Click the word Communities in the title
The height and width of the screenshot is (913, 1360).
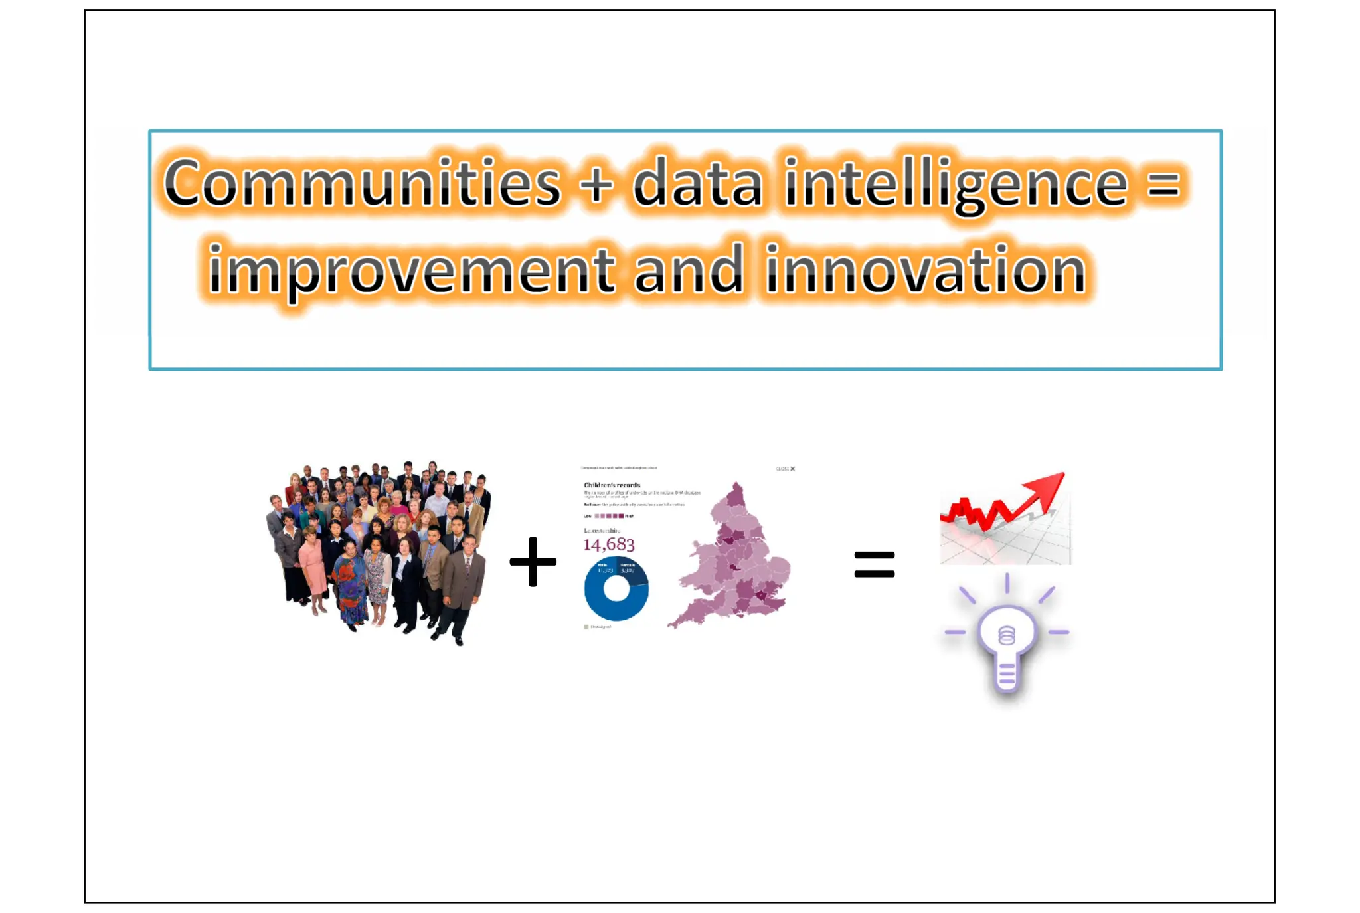click(362, 183)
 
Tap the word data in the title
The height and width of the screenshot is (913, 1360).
click(697, 183)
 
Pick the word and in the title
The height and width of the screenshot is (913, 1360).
click(688, 269)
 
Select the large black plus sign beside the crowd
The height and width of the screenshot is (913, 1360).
click(533, 562)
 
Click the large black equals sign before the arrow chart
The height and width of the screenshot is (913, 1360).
click(874, 564)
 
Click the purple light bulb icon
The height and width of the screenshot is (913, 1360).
click(1007, 641)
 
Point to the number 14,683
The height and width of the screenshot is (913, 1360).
click(609, 545)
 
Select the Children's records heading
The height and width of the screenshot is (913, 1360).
click(612, 485)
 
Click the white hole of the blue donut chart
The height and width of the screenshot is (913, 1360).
click(616, 589)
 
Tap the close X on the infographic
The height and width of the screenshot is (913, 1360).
click(792, 469)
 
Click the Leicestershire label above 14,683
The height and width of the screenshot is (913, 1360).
click(602, 531)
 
